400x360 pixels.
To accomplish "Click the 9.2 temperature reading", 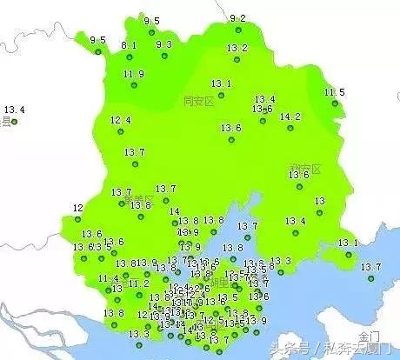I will pos(237,18).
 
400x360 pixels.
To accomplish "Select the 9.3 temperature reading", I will pos(164,44).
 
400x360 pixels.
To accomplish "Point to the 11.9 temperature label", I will pos(134,74).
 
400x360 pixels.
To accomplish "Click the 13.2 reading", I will pos(237,48).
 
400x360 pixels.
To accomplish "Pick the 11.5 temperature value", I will pos(335,92).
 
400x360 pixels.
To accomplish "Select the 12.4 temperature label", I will pos(121,120).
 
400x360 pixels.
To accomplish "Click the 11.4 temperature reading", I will pos(109,278).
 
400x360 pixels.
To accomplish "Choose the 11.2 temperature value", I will pos(139,283).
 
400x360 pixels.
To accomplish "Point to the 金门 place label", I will pos(369,335).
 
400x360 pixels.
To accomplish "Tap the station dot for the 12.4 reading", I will pos(120,131).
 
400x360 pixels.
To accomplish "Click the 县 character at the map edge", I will pos(5,123).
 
